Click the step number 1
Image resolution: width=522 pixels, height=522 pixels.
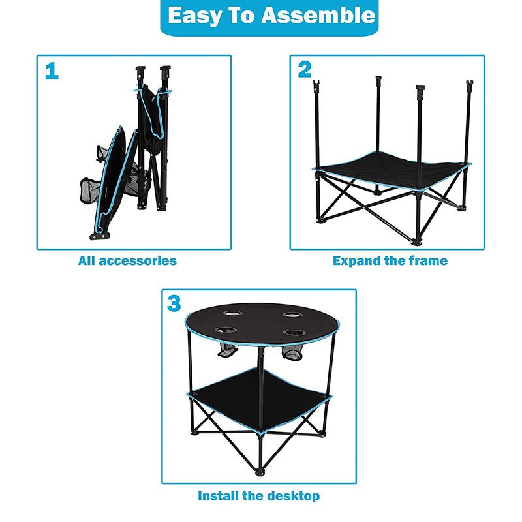coord(52,71)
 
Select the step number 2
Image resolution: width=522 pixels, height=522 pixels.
coord(305,69)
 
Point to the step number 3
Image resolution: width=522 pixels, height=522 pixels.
coord(174,303)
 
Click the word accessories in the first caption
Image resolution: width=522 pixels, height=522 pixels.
coord(138,260)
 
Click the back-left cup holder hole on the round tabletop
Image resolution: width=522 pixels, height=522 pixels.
coord(232,313)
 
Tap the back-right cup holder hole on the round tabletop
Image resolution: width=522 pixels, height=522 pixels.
coord(292,315)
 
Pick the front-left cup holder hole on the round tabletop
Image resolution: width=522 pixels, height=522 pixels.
coord(226,330)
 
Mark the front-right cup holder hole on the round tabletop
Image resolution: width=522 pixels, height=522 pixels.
coord(295,332)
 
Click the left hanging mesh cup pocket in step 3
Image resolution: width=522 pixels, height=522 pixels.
coord(227,351)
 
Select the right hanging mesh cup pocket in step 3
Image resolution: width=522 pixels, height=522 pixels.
coord(292,353)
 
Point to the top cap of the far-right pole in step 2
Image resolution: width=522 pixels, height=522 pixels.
coord(469,82)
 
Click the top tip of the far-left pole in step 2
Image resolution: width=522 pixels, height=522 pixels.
coord(316,81)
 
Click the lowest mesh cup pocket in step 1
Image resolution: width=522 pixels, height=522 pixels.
coord(90,191)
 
